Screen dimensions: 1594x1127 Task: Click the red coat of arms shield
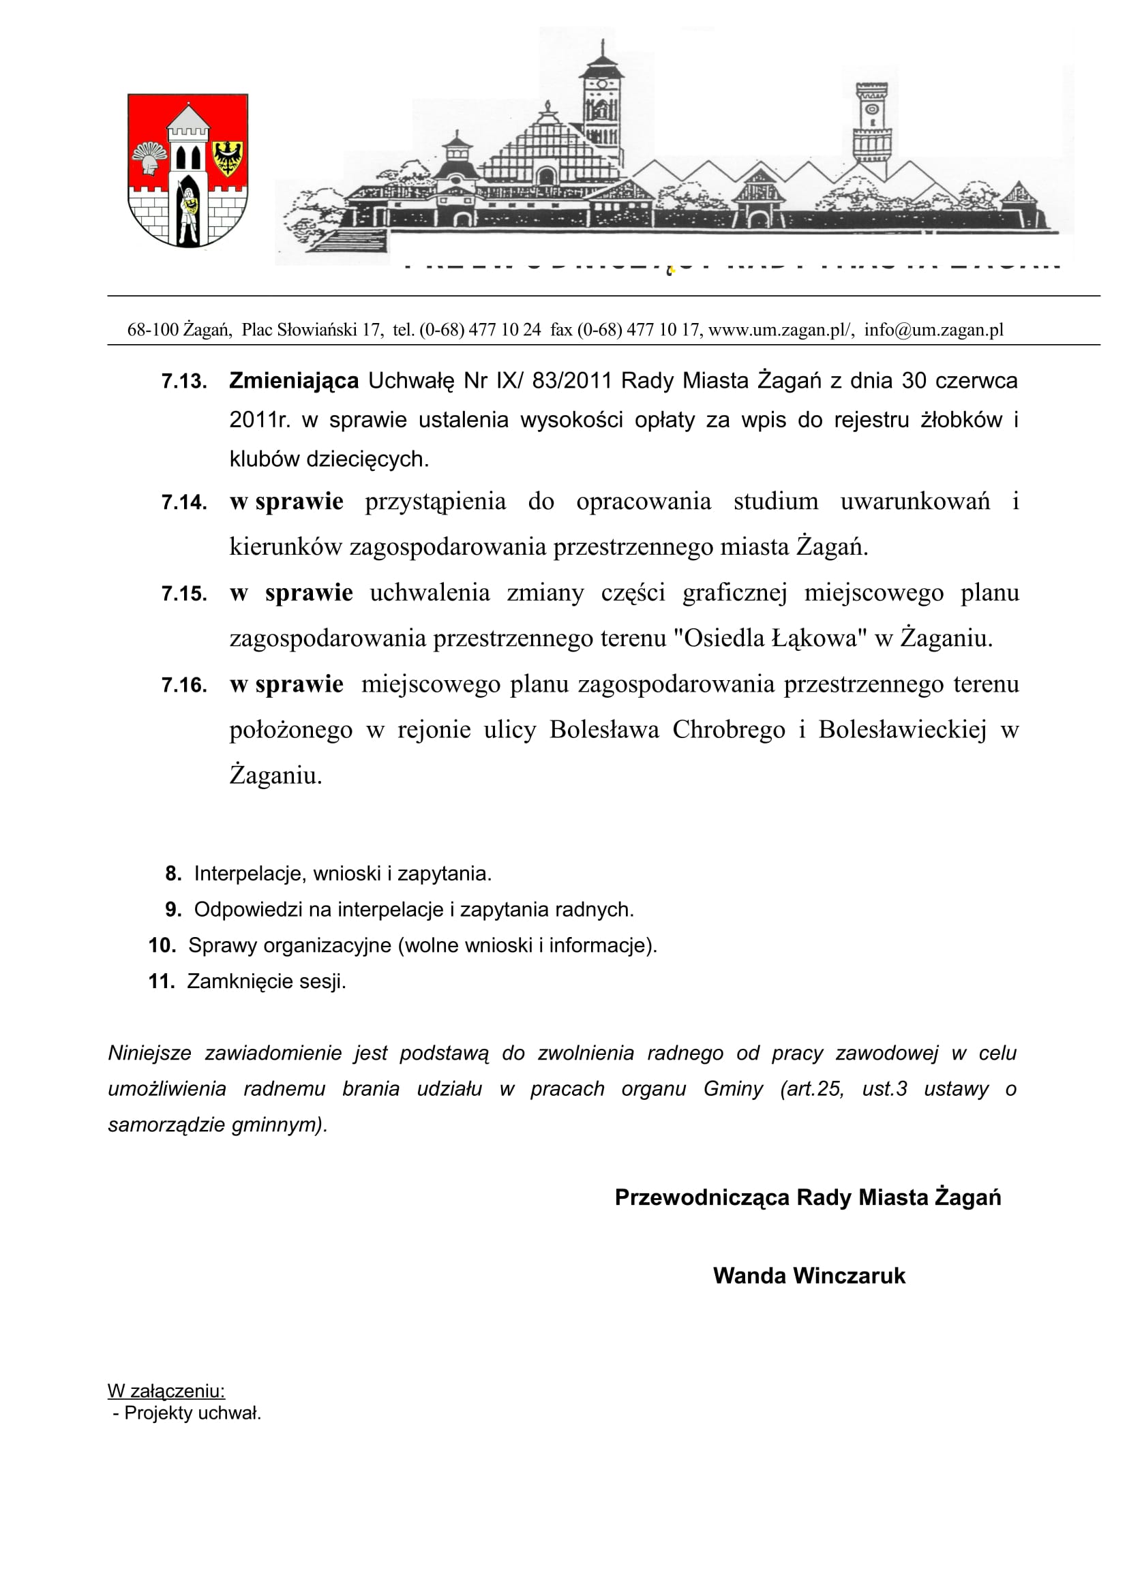[x=187, y=171]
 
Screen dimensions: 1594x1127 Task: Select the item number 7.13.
[x=184, y=382]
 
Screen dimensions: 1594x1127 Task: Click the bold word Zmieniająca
[x=294, y=381]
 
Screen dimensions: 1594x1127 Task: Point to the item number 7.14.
[x=184, y=503]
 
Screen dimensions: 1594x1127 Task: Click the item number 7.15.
[x=184, y=594]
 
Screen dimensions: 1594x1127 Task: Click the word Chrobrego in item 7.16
[x=729, y=730]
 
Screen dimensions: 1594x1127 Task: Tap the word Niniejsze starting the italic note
[x=149, y=1053]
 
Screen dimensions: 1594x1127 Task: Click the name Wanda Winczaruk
[x=809, y=1276]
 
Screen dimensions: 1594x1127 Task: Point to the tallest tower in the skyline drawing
[x=601, y=104]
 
